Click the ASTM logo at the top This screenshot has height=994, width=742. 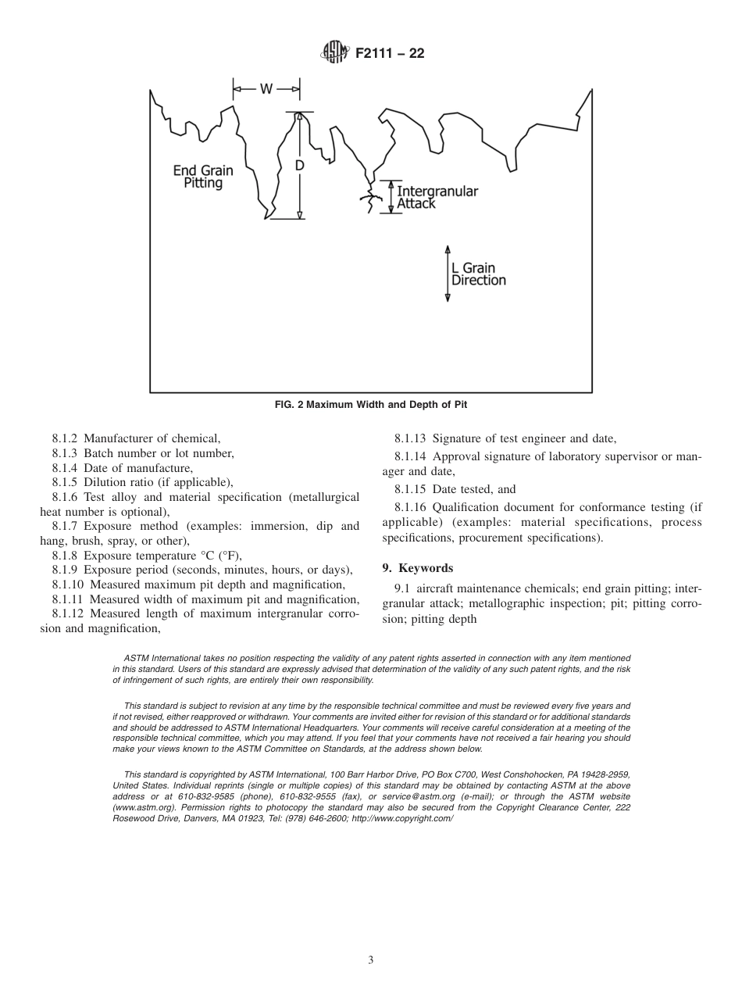click(x=334, y=54)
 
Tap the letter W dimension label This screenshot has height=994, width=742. click(x=266, y=89)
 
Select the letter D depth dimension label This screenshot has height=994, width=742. click(x=299, y=166)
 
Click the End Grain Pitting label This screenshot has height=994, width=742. click(x=203, y=177)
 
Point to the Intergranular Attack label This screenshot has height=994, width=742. click(x=437, y=197)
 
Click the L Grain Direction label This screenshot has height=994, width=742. click(x=478, y=274)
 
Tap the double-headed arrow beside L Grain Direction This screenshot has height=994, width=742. click(x=448, y=274)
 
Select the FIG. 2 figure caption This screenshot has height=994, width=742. click(x=370, y=404)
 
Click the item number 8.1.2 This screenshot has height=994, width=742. click(x=66, y=439)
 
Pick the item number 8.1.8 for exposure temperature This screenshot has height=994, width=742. click(x=66, y=556)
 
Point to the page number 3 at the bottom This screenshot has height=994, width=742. click(x=371, y=960)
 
